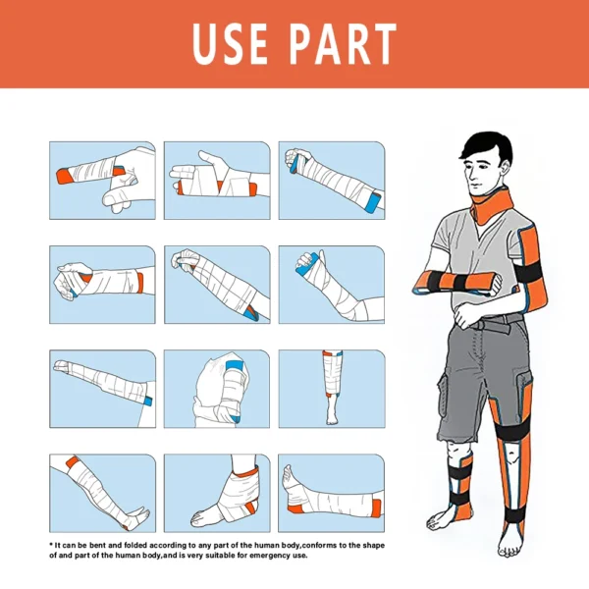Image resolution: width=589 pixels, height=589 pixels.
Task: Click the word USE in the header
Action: [237, 44]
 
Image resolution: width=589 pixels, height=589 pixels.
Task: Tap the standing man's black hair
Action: [482, 147]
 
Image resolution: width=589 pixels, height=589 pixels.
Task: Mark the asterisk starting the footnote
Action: [51, 544]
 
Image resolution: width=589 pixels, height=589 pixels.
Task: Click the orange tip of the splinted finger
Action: [62, 177]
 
